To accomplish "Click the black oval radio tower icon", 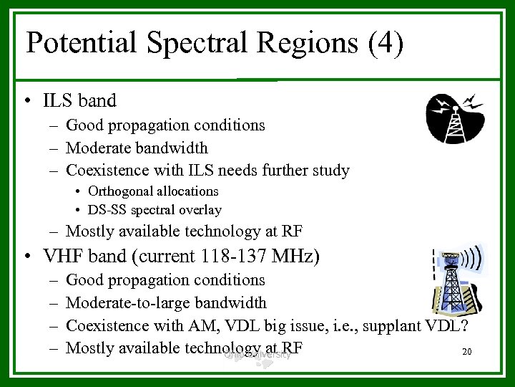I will coord(455,118).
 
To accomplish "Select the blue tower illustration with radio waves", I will coord(456,278).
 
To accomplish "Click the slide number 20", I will coord(468,352).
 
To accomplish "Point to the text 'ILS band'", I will coord(79,101).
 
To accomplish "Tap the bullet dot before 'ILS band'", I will coord(25,102).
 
